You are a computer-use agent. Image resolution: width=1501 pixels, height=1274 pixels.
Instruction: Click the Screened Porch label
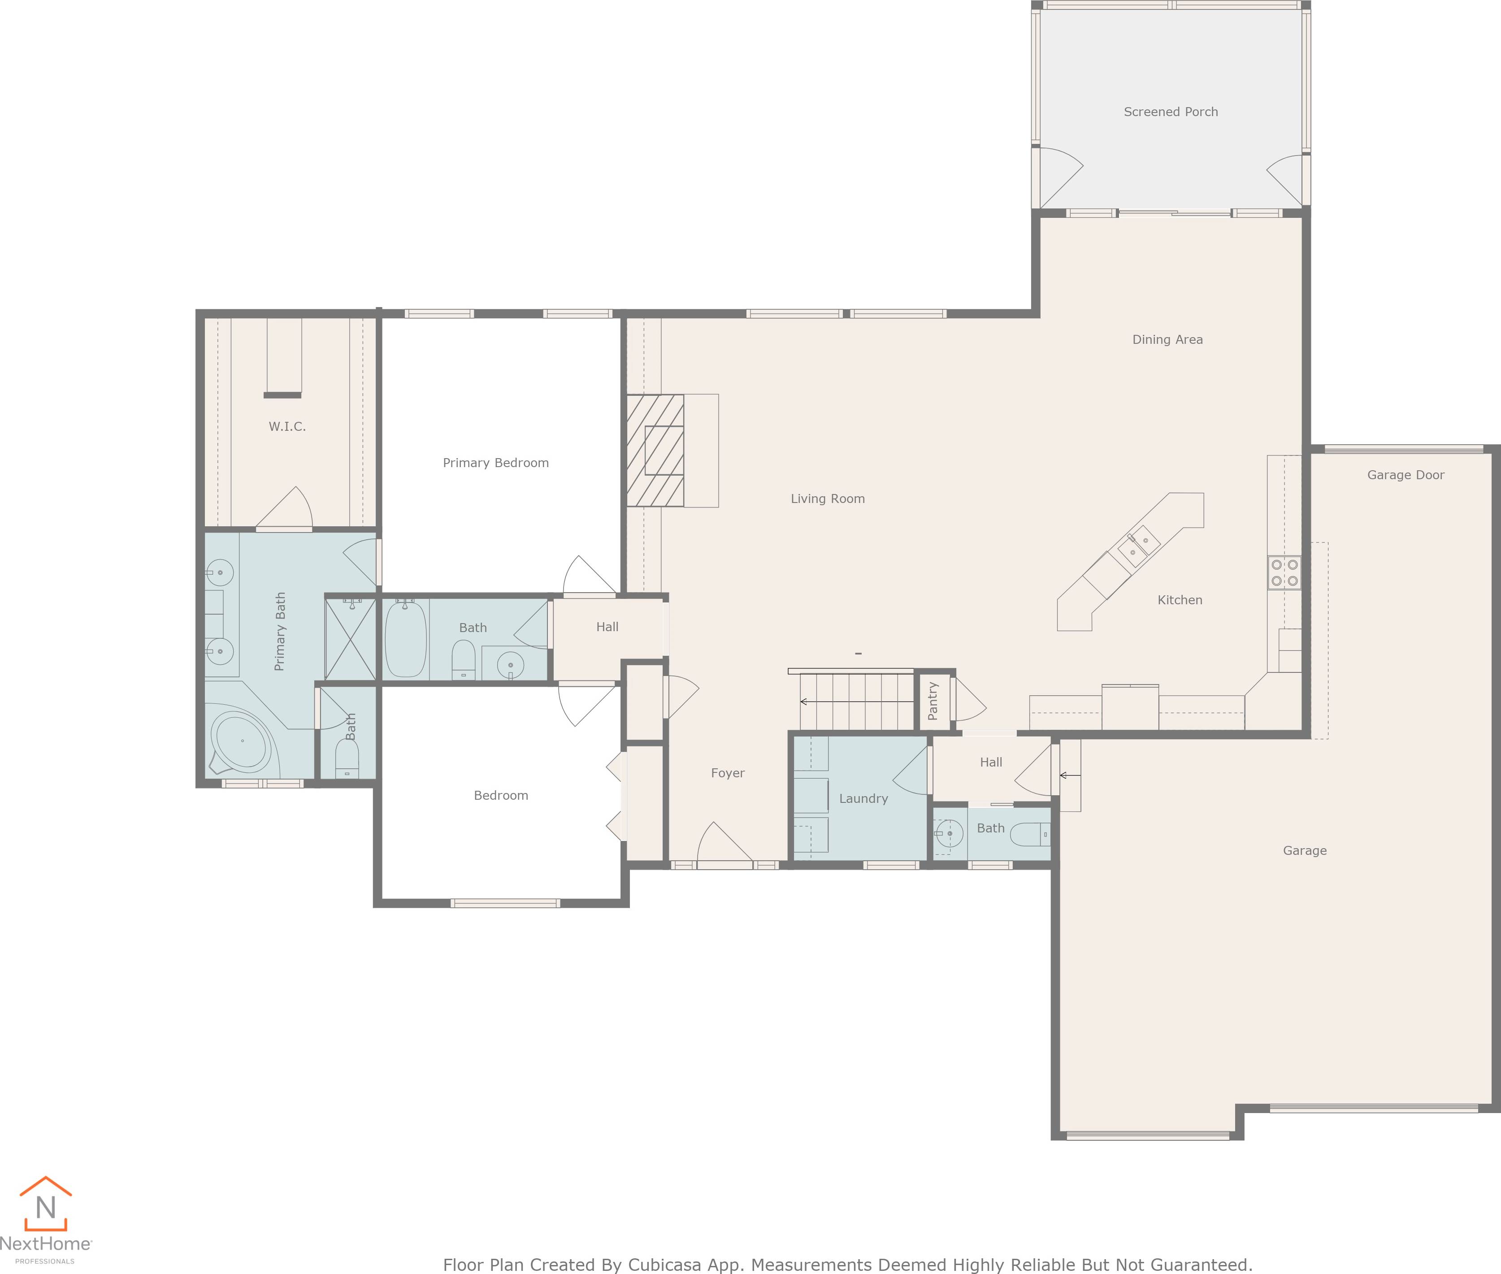[x=1170, y=112]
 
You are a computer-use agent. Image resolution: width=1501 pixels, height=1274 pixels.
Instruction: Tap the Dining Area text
[x=1167, y=339]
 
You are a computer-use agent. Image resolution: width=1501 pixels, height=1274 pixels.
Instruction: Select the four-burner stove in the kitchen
[x=1284, y=573]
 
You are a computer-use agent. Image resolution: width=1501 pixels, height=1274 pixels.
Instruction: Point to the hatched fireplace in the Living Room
[x=655, y=451]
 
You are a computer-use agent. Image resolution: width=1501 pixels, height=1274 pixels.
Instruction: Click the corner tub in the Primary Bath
[x=241, y=740]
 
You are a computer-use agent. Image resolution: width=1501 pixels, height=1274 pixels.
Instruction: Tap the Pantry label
[x=933, y=701]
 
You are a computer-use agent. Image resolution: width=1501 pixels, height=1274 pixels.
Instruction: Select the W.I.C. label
[x=287, y=427]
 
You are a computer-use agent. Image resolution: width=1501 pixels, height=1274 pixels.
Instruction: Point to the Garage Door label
[x=1405, y=475]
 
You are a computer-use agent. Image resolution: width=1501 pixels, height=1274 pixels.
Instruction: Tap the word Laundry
[x=863, y=799]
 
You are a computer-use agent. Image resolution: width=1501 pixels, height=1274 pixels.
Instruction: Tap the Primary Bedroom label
[x=495, y=463]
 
